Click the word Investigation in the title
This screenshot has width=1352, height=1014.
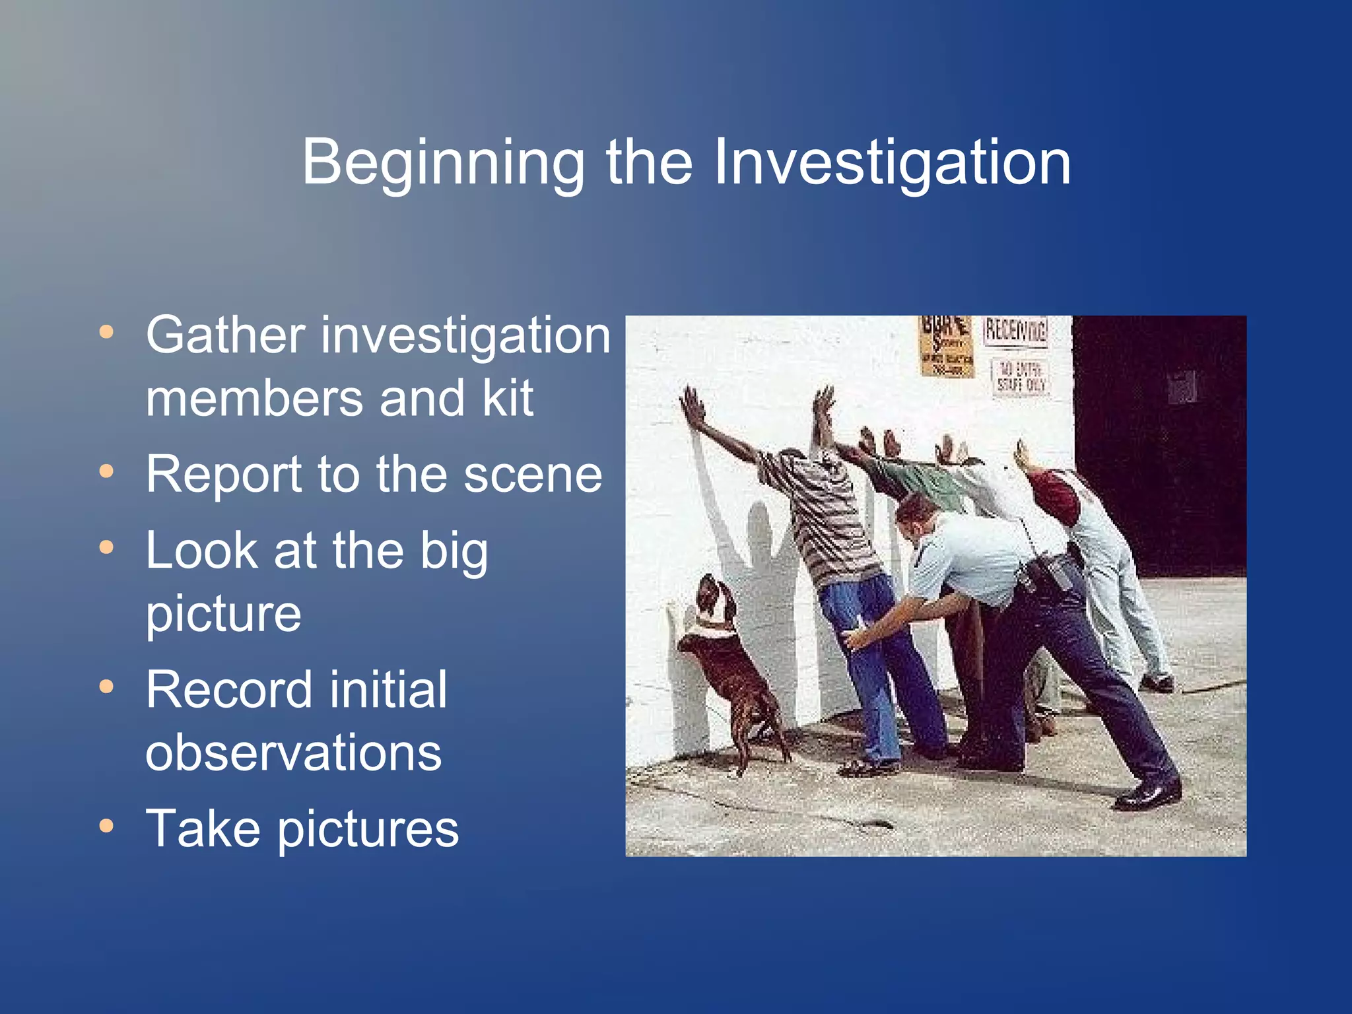(x=892, y=162)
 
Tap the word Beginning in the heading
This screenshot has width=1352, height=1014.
(x=443, y=162)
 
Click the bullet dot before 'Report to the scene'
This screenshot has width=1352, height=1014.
(x=106, y=471)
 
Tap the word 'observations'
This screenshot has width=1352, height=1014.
(x=293, y=753)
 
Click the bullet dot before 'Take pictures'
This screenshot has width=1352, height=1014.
(x=106, y=825)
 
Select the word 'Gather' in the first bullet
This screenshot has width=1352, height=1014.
(x=225, y=335)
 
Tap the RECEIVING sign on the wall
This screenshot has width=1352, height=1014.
(x=1015, y=331)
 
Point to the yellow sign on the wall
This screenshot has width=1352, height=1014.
(x=946, y=346)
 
